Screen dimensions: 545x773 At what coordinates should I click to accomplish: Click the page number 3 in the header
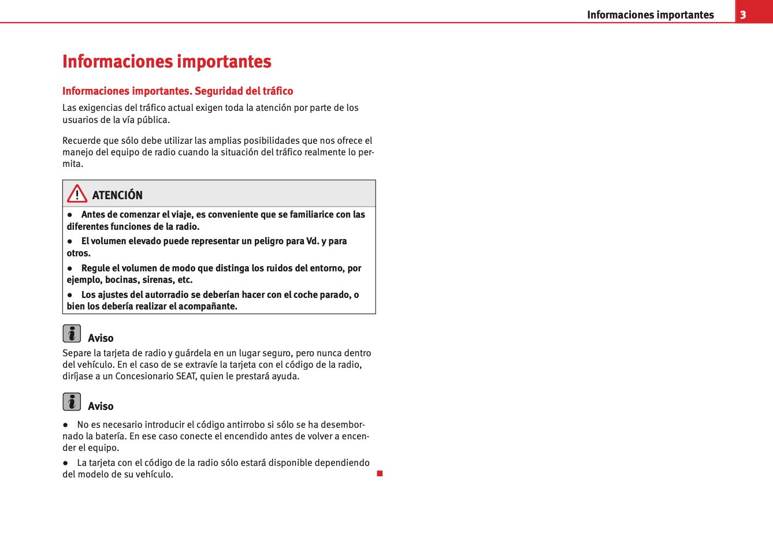[743, 15]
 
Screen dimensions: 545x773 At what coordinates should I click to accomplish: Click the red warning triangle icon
[77, 194]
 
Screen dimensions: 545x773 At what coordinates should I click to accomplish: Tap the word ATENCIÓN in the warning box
[117, 195]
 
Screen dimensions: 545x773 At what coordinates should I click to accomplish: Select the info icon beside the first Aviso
[72, 334]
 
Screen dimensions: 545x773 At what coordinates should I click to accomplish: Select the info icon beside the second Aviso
[72, 402]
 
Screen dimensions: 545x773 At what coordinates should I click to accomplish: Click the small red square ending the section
[380, 474]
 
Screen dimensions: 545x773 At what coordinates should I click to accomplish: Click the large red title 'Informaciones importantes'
[167, 62]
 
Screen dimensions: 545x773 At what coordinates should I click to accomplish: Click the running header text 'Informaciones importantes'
[650, 15]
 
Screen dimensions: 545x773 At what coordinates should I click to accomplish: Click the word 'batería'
[106, 436]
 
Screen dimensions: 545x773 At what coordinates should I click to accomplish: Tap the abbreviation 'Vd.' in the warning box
[312, 241]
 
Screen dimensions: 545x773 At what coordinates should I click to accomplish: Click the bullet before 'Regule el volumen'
[70, 268]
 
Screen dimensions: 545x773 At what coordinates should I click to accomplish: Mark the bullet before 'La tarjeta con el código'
[66, 463]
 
